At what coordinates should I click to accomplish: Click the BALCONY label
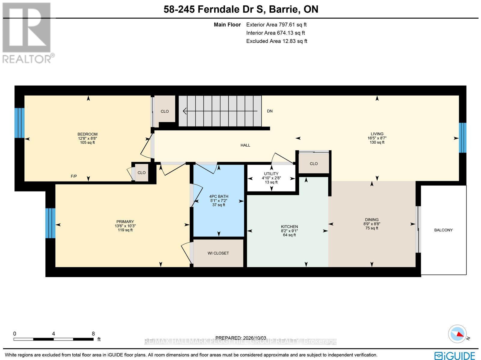tap(443, 230)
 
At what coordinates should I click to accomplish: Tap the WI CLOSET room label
tap(218, 253)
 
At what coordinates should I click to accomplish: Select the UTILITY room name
tap(271, 174)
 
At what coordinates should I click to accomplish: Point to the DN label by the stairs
tap(270, 111)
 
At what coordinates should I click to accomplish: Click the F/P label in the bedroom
tap(74, 176)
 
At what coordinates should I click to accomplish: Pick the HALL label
tap(245, 145)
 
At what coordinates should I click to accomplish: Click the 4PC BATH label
tap(219, 197)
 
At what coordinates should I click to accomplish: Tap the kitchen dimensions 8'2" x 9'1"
tap(289, 231)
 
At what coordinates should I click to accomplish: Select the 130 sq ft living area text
tap(377, 142)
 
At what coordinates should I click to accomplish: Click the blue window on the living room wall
tap(463, 138)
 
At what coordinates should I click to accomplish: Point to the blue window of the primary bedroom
tap(51, 223)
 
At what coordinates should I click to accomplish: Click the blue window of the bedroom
tap(20, 123)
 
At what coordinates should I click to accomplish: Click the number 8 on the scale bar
tap(93, 334)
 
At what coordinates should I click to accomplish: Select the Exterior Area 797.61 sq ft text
tap(276, 25)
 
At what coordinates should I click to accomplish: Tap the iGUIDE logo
tap(455, 355)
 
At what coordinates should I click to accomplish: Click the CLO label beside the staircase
tap(164, 111)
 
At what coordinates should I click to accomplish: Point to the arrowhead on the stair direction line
tap(185, 111)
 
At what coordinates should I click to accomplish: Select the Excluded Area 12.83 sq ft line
tap(277, 41)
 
